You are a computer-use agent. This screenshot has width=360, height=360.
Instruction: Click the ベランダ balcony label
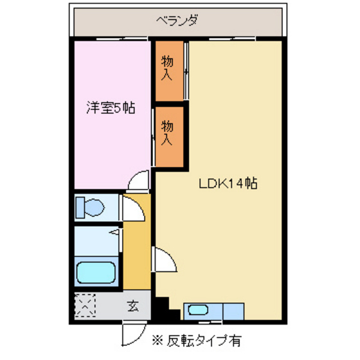[x=176, y=21]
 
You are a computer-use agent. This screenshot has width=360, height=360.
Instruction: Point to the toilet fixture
[x=89, y=207]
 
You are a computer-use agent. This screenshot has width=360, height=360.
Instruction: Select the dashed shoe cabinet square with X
[x=85, y=307]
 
